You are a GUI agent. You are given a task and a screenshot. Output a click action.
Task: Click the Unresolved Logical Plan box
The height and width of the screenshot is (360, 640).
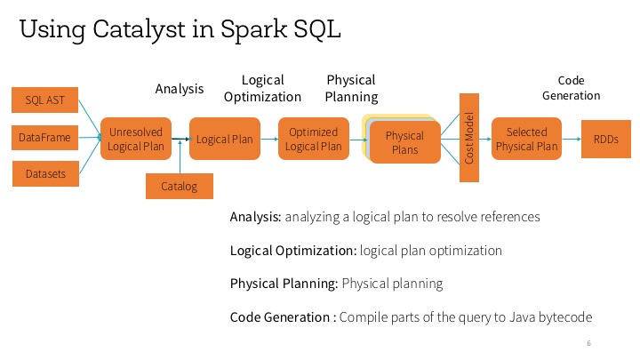coord(136,139)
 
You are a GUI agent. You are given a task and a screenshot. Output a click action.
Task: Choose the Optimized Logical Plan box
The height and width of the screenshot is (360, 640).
coord(314,139)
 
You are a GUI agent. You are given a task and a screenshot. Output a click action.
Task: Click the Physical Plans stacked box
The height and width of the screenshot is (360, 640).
coord(404,142)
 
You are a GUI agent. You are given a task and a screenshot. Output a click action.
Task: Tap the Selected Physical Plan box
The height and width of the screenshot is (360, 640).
coord(526,139)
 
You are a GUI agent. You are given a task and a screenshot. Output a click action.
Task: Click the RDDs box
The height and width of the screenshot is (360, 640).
coord(604,139)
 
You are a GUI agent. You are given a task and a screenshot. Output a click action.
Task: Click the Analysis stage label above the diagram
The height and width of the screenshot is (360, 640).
coord(180,89)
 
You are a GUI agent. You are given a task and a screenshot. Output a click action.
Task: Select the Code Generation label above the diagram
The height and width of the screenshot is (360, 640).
coord(572,88)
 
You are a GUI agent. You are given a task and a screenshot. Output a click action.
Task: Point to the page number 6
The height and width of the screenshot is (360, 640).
coord(589,343)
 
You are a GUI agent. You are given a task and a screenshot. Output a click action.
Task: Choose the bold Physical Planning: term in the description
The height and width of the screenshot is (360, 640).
coord(284,284)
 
